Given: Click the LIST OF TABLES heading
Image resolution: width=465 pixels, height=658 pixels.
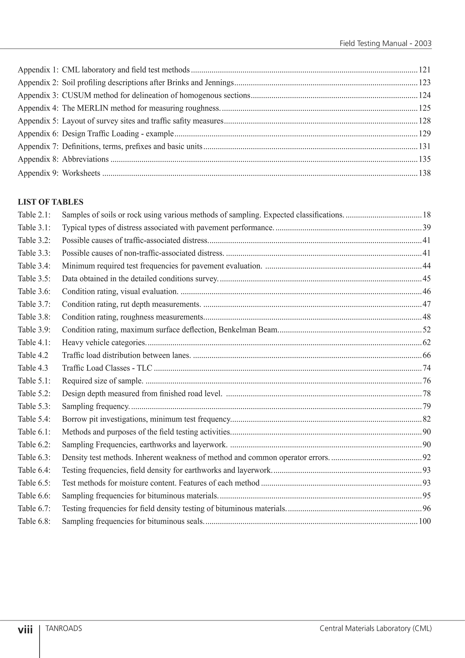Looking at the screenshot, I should (x=50, y=202).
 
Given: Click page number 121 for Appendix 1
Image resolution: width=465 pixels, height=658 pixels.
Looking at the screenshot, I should (x=424, y=70).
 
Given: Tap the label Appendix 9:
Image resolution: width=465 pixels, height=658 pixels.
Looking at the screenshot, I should (x=38, y=173).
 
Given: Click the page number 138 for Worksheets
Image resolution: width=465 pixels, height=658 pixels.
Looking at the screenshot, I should (x=424, y=173).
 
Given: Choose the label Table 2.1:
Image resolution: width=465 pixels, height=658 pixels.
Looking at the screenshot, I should (x=34, y=215).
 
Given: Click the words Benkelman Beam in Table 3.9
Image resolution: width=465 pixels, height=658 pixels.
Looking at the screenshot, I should (x=248, y=330).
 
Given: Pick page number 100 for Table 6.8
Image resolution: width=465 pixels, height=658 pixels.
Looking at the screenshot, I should (x=424, y=521).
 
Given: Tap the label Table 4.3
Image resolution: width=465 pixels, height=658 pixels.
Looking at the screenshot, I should (x=33, y=368).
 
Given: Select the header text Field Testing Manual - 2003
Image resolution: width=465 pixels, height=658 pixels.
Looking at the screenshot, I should (x=385, y=44).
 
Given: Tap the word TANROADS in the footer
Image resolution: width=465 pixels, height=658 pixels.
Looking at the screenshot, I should (x=64, y=628).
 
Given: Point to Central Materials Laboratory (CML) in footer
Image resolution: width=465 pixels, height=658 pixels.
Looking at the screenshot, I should (x=375, y=628).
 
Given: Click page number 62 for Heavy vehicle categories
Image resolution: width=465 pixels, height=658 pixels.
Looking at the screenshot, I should (x=426, y=342).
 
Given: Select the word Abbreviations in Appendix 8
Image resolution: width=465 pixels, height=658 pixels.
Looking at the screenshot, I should (x=85, y=159).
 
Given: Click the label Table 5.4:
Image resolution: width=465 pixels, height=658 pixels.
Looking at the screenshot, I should (x=34, y=419).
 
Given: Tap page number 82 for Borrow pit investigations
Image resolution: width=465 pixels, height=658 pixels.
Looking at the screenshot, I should (x=426, y=419).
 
